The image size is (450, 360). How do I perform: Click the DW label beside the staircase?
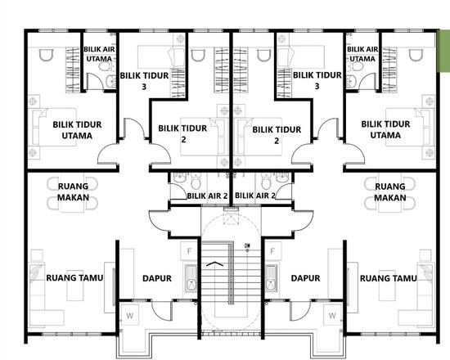pyautogui.click(x=247, y=244)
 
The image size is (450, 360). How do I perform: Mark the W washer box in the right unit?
pyautogui.click(x=332, y=314)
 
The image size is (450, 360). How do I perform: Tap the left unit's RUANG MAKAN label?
pyautogui.click(x=73, y=192)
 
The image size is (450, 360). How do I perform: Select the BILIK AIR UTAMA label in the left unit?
pyautogui.click(x=99, y=54)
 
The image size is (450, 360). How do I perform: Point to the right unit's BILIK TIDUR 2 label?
pyautogui.click(x=277, y=134)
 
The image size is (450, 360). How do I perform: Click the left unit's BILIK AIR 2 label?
pyautogui.click(x=207, y=196)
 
